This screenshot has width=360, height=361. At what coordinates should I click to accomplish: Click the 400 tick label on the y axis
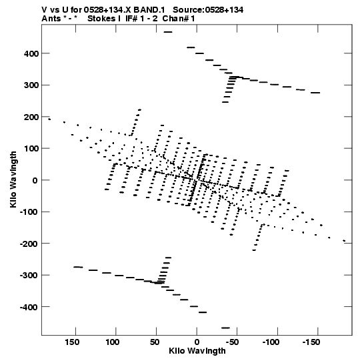[x=31, y=53]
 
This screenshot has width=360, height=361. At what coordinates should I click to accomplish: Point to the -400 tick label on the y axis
[x=29, y=307]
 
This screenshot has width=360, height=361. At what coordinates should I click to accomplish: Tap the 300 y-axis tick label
[x=31, y=85]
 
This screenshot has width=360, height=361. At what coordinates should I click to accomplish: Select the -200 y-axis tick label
[x=29, y=244]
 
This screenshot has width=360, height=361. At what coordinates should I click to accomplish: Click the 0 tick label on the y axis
[x=35, y=180]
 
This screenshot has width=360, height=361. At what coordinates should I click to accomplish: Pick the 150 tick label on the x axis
[x=72, y=342]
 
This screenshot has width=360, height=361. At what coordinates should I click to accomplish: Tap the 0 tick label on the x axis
[x=197, y=342]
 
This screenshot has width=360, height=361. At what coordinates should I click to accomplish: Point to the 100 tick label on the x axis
[x=113, y=342]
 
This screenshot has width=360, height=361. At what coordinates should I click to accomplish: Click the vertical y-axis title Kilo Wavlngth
[x=13, y=179]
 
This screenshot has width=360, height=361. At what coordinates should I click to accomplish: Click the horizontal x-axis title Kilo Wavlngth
[x=197, y=351]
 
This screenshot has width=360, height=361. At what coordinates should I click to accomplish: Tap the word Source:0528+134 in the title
[x=208, y=10]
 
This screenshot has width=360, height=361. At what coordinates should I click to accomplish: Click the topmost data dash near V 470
[x=168, y=32]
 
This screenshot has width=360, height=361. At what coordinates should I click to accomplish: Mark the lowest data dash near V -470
[x=225, y=328]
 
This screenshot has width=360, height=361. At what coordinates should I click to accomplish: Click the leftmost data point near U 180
[x=49, y=119]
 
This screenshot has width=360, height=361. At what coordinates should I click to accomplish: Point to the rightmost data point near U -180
[x=344, y=241]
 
